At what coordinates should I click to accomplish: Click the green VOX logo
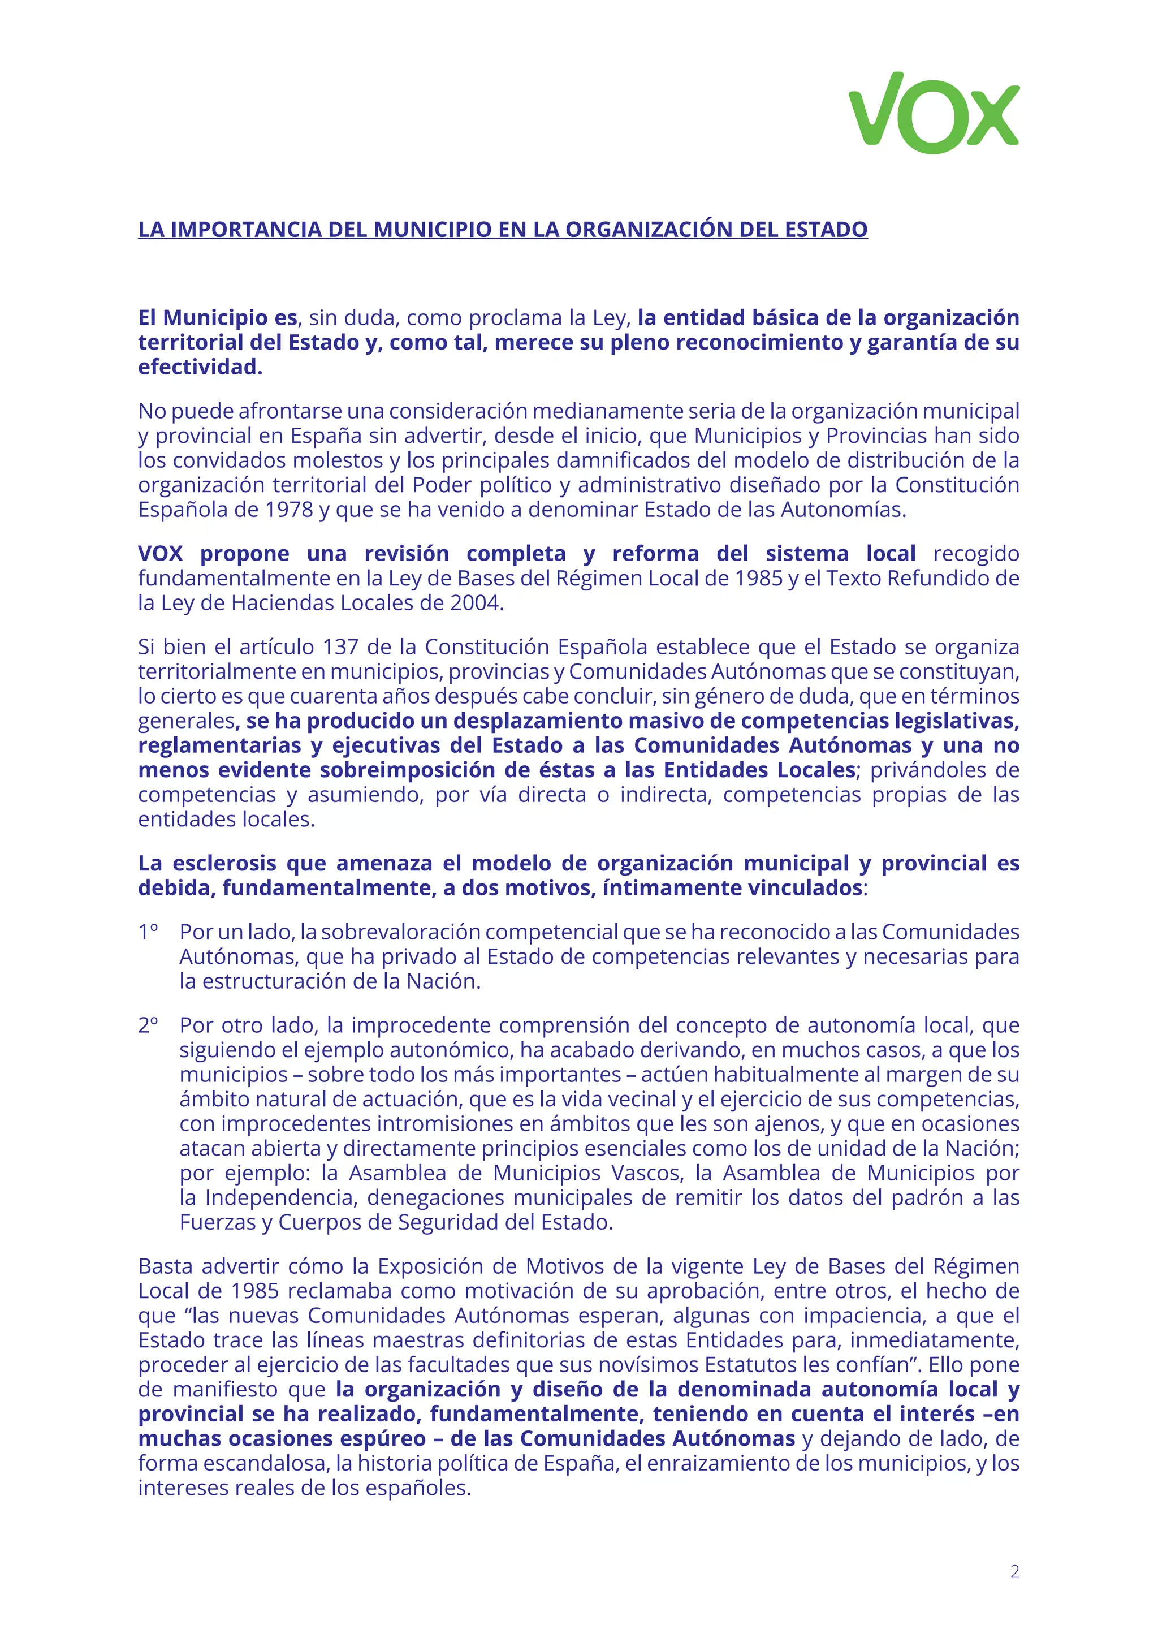(x=934, y=113)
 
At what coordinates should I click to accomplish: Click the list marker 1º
(x=148, y=932)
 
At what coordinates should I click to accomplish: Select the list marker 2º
(x=148, y=1025)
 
